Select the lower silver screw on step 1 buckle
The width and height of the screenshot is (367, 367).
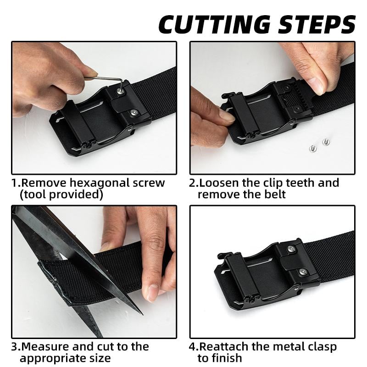pyautogui.click(x=134, y=112)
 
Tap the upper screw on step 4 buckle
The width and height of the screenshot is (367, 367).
pyautogui.click(x=291, y=249)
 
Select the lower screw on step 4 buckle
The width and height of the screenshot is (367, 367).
pyautogui.click(x=303, y=272)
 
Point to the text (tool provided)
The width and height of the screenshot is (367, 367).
pyautogui.click(x=61, y=194)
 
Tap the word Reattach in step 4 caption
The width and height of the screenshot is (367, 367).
pyautogui.click(x=224, y=346)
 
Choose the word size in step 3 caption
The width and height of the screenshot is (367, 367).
pyautogui.click(x=100, y=358)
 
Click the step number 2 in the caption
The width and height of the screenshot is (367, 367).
pyautogui.click(x=192, y=183)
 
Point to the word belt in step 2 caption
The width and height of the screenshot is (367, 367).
pyautogui.click(x=273, y=194)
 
